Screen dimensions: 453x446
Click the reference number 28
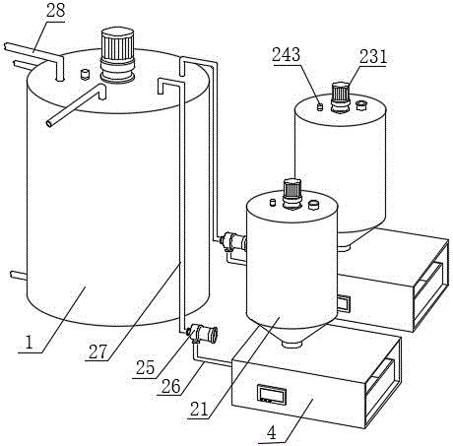55,11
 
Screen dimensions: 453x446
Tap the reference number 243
286,54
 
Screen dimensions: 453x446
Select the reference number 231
373,57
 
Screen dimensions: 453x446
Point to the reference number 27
97,351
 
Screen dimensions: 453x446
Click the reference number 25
145,368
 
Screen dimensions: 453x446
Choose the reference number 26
171,386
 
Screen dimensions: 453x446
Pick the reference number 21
200,410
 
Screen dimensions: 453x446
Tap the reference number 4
271,433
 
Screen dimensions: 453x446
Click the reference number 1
30,343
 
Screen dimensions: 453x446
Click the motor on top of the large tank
117,55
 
